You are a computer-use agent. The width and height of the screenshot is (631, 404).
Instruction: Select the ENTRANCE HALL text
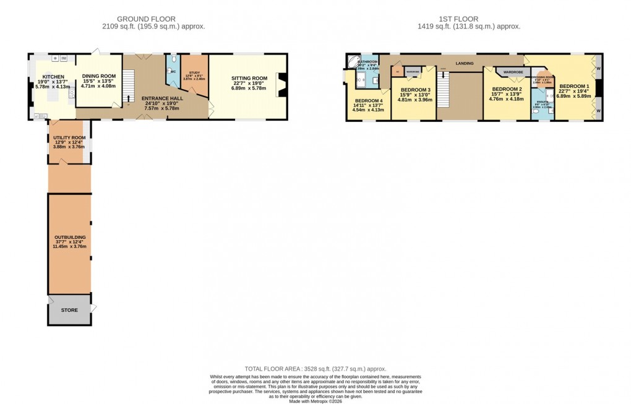click(x=161, y=98)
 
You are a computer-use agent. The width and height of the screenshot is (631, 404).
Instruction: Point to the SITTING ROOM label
click(x=248, y=79)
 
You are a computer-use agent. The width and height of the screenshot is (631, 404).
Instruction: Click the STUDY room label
click(x=194, y=73)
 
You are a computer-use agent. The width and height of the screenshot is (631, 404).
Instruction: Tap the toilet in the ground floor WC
click(x=174, y=60)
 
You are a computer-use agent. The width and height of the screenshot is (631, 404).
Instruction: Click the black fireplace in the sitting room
click(x=281, y=84)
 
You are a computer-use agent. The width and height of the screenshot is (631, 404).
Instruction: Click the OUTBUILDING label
click(x=69, y=237)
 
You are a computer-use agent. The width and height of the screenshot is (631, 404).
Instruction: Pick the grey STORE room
click(x=69, y=309)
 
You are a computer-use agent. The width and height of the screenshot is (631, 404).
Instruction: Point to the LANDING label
click(x=464, y=63)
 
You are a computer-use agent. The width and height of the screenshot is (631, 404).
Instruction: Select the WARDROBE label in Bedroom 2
click(x=513, y=72)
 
